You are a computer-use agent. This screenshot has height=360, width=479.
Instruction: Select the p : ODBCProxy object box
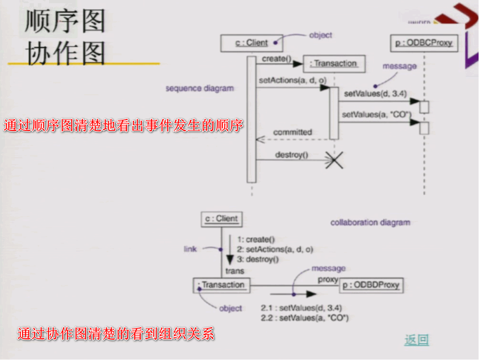424,44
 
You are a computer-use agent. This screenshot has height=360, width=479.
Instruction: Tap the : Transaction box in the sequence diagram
334,63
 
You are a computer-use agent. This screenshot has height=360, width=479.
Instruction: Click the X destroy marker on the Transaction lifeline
334,160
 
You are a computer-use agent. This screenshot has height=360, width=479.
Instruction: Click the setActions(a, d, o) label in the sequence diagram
293,80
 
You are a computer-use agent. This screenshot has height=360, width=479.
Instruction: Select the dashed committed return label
292,132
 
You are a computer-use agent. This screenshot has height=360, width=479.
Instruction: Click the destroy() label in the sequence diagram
292,155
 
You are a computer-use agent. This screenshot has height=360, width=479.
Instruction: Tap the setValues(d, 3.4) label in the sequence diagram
369,94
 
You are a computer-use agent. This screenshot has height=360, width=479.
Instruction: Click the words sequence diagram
199,88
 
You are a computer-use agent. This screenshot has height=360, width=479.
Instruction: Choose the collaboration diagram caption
370,222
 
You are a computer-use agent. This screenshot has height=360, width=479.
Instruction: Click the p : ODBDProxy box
371,285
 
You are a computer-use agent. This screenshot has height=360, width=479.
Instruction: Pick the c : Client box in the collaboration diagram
221,219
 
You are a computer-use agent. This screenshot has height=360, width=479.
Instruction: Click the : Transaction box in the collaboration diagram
221,285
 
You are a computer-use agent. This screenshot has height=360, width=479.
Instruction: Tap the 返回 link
416,340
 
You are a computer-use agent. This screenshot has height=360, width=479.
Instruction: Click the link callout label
190,249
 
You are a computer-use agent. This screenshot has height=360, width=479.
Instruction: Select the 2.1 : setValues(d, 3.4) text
301,308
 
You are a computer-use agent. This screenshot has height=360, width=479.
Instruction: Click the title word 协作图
66,54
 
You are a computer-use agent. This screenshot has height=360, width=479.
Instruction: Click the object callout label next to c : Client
321,35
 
